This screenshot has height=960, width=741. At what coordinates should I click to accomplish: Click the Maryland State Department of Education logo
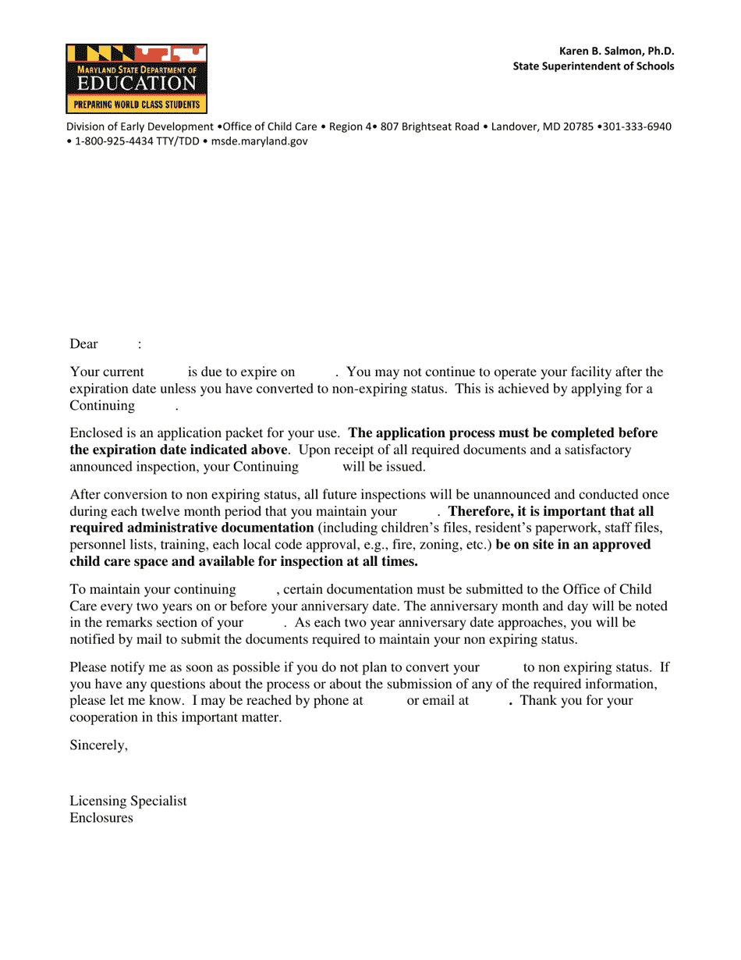(x=136, y=78)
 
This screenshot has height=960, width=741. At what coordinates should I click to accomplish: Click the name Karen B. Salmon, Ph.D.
(x=616, y=51)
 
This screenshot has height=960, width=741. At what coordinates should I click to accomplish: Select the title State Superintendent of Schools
(x=593, y=66)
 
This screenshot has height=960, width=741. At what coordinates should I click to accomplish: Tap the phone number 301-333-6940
(x=636, y=126)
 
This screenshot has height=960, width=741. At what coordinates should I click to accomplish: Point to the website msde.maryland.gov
(x=260, y=141)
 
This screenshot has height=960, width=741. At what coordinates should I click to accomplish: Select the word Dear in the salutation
(x=83, y=344)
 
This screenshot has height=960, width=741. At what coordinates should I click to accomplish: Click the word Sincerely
(x=98, y=745)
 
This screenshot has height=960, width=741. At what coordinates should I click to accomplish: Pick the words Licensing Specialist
(x=128, y=802)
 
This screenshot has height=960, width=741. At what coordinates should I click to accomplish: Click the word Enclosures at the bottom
(x=101, y=819)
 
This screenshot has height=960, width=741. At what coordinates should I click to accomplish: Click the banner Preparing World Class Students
(x=136, y=104)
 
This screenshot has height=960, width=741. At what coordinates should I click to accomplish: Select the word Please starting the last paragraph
(x=87, y=667)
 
